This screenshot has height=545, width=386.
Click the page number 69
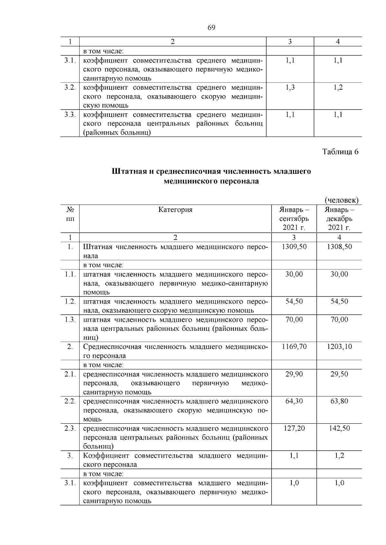pos(211,28)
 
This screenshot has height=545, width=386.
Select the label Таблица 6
pos(340,152)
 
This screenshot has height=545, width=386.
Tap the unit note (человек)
pos(341,200)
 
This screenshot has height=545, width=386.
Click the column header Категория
pos(175,210)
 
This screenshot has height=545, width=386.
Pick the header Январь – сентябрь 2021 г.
pos(294,219)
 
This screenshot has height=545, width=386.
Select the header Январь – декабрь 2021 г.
pos(339,219)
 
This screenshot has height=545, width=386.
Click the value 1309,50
pos(294,247)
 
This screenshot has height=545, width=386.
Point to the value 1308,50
pos(339,247)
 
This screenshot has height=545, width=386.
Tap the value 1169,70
pos(294,347)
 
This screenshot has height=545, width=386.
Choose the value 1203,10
pos(339,347)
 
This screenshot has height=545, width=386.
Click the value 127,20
pos(294,428)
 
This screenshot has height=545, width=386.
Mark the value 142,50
pos(339,428)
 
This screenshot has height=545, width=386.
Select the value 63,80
pos(339,401)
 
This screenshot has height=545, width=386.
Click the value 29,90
pos(294,374)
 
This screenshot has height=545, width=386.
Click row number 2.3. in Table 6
pos(70,428)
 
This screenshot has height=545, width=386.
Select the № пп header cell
pos(70,214)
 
